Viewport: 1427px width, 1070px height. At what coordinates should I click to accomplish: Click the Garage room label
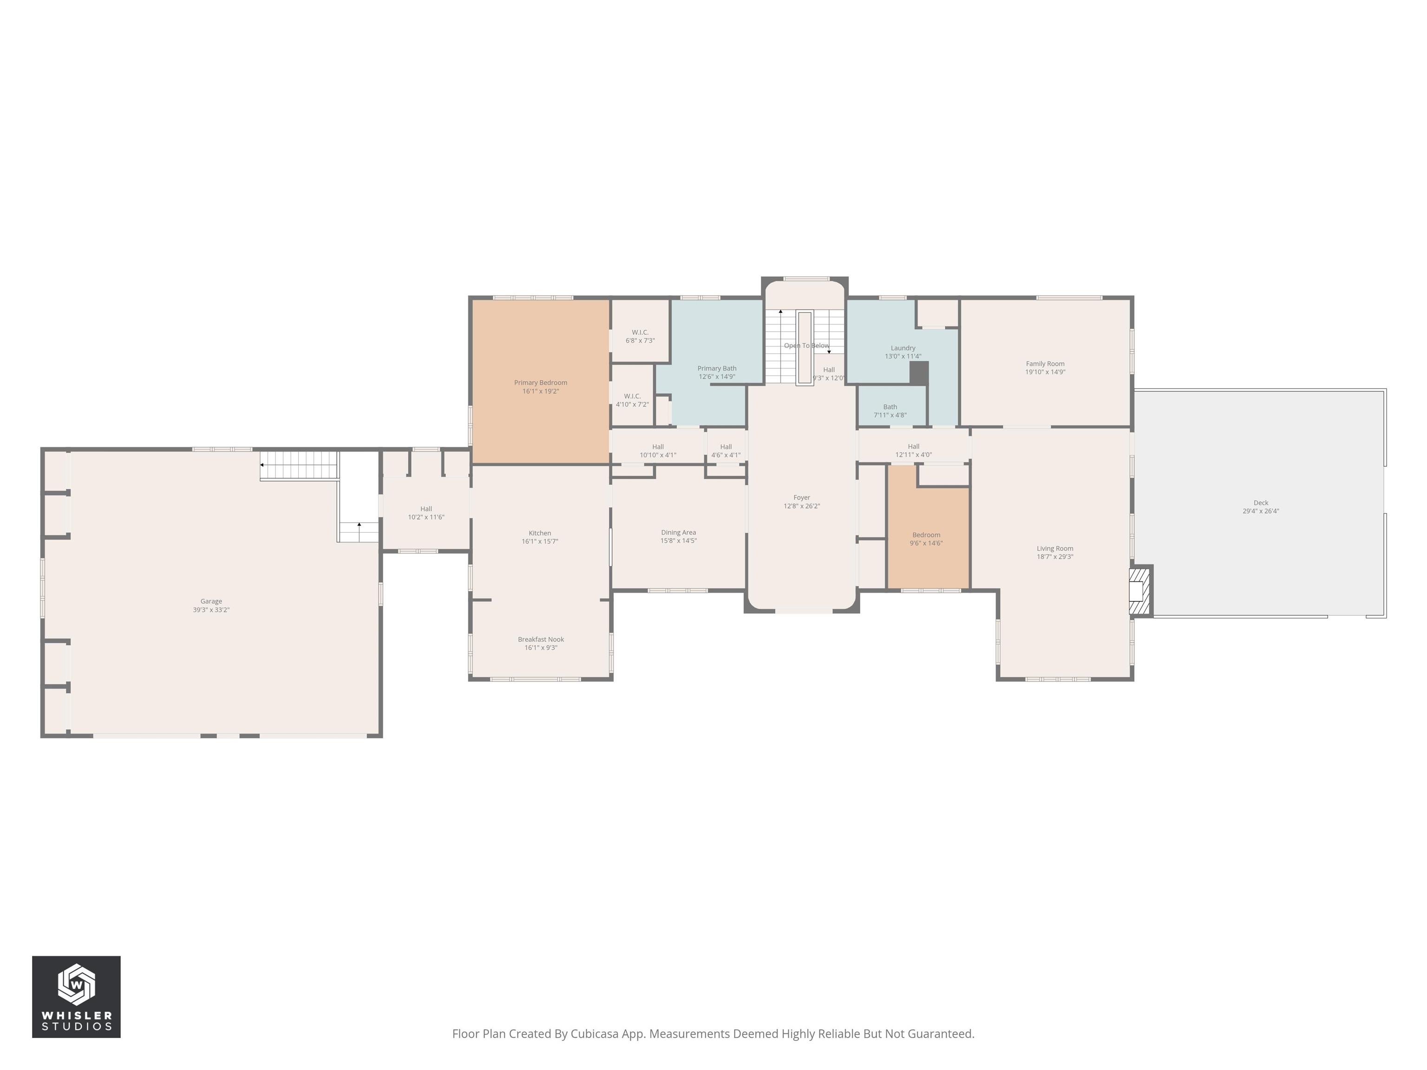pos(211,601)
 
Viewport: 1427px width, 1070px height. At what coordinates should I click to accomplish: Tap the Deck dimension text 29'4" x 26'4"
pos(1261,511)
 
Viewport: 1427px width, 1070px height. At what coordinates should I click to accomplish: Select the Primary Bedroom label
pos(541,383)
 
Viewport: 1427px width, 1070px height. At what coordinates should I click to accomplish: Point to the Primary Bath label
pos(717,368)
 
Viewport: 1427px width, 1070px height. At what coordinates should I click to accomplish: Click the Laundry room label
pos(903,348)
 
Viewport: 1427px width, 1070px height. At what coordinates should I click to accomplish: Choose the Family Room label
pos(1045,364)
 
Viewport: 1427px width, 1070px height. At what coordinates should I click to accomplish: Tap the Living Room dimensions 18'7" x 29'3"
pos(1055,557)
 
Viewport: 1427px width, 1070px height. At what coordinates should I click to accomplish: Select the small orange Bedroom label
pos(926,535)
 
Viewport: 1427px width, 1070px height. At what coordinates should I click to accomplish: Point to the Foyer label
pos(801,497)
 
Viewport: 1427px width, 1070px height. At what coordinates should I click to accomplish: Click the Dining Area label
pos(678,533)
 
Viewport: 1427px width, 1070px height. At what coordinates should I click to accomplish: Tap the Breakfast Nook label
pos(541,639)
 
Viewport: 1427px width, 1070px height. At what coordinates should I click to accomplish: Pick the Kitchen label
pos(539,534)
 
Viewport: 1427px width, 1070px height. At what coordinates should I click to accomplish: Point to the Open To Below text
pos(806,346)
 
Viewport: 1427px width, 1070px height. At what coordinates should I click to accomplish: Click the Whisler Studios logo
pos(76,997)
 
